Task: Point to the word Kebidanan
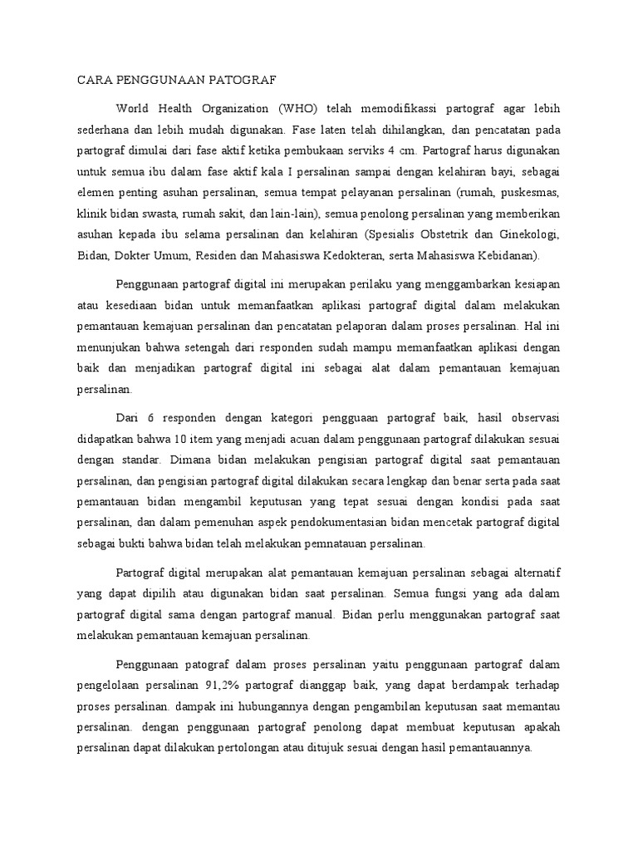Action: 507,254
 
